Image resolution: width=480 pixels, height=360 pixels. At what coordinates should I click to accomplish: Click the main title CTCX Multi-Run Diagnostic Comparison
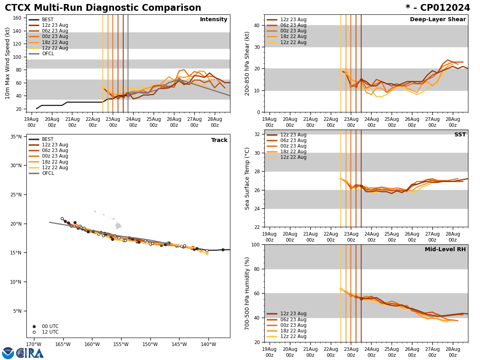(103, 8)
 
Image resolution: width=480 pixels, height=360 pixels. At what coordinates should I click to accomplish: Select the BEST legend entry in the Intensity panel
(48, 20)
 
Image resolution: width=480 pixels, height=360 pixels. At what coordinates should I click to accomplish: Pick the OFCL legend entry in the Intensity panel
(48, 54)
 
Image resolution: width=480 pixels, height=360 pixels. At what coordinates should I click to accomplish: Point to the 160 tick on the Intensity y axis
(18, 18)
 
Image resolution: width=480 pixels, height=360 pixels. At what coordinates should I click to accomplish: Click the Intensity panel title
(214, 20)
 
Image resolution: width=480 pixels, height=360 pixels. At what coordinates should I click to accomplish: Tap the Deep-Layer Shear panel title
(438, 20)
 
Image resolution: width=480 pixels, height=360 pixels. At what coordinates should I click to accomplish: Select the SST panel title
(460, 135)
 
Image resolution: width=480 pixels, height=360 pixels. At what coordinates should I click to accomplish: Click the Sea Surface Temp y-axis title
(248, 178)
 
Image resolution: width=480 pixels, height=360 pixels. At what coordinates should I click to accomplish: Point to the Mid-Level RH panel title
(445, 250)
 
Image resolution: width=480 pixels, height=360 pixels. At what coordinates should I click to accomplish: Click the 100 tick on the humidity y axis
(256, 244)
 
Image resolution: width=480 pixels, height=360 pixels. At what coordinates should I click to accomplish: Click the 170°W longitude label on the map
(34, 344)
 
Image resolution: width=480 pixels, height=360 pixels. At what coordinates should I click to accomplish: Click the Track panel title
(219, 140)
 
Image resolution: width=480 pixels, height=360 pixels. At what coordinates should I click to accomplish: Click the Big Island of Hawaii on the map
(118, 226)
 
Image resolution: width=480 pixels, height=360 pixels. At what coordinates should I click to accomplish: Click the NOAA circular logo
(8, 353)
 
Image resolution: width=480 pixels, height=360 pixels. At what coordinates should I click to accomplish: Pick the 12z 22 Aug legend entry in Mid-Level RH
(292, 336)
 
